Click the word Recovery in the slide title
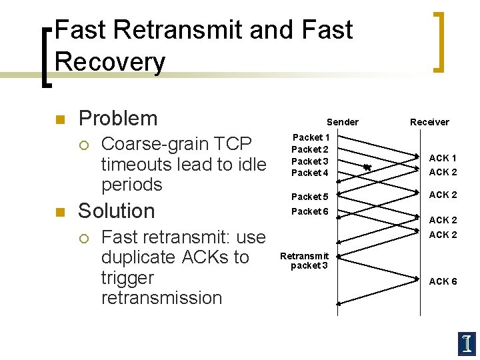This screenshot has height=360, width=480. [110, 62]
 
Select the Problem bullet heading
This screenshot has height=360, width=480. [117, 119]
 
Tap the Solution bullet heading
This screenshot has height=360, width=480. [116, 211]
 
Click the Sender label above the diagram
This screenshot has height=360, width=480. [342, 122]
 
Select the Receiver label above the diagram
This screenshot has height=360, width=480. [429, 122]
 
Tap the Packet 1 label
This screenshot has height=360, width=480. [310, 137]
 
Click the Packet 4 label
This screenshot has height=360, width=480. [310, 173]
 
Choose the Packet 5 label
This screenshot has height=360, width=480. [310, 197]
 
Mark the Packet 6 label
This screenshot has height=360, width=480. [310, 211]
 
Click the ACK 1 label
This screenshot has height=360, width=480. [443, 158]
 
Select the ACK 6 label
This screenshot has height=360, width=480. [443, 281]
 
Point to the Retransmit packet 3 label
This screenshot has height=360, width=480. [305, 261]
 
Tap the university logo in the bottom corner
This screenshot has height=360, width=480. [467, 343]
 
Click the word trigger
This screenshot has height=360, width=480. [127, 278]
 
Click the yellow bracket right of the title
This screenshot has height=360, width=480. [438, 41]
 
